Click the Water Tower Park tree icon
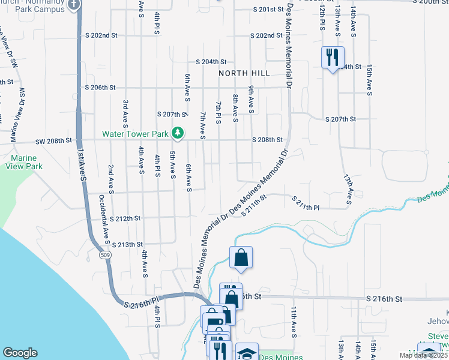tap(177, 132)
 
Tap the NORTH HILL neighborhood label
tap(244, 73)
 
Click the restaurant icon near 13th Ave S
tap(333, 58)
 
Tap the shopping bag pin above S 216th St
tap(241, 258)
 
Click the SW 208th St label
tap(52, 140)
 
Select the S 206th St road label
tap(101, 88)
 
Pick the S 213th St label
tap(128, 245)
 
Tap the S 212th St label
tap(125, 218)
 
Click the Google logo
tap(20, 353)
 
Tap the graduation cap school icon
tap(247, 353)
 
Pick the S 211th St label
tap(254, 209)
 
